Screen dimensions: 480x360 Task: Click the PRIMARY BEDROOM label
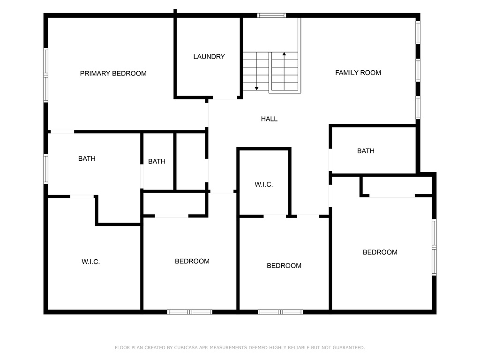[x=113, y=74]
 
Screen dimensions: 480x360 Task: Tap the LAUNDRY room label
[x=209, y=57]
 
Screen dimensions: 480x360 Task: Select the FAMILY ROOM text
[x=358, y=73]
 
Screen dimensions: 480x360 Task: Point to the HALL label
[x=269, y=119]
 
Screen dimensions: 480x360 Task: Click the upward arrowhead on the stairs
[x=284, y=54]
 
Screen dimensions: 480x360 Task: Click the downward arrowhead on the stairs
[x=256, y=89]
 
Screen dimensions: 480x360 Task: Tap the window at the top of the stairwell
[x=271, y=15]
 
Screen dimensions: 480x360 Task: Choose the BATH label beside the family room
[x=366, y=151]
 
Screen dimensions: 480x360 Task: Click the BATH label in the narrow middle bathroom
[x=157, y=161]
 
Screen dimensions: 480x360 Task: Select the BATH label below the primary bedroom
[x=87, y=158]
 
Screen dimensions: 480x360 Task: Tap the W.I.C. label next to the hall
[x=263, y=185]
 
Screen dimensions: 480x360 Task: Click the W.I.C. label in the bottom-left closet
[x=90, y=262]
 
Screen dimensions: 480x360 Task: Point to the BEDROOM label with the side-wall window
[x=380, y=252]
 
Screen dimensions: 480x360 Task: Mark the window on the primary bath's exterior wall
[x=45, y=169]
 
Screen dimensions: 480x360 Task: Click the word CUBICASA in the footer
[x=186, y=347]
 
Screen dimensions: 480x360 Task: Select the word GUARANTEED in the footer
[x=349, y=347]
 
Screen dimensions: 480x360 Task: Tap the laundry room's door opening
[x=225, y=98]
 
